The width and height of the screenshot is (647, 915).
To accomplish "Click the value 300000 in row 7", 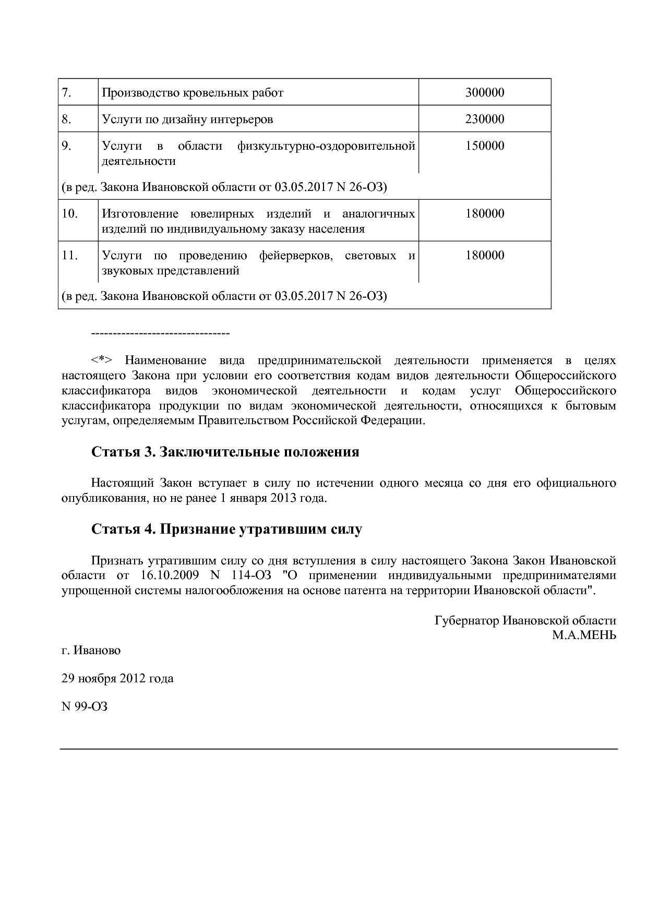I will pos(484,93).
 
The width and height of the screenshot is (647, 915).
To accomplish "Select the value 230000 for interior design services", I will pos(484,119).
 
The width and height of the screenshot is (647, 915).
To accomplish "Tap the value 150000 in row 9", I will pos(484,146).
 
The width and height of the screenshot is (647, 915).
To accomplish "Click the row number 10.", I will pos(69,213).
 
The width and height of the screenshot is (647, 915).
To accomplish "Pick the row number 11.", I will pos(69,255).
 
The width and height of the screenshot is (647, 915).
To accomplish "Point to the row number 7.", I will pos(66,93).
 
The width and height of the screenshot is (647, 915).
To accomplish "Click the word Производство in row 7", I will pos(140,93).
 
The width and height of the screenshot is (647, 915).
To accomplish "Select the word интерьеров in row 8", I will pos(244,119).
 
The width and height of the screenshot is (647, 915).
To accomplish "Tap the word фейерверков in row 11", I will pos(296,255).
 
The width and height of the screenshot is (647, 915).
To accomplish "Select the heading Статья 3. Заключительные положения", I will pos(225,452).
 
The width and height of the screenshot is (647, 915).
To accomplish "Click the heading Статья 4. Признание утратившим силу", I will pos(226,529).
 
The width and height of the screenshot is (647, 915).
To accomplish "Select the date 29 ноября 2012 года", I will pos(117,678).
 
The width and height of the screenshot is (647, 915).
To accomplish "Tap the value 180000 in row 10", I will pos(484,213).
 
